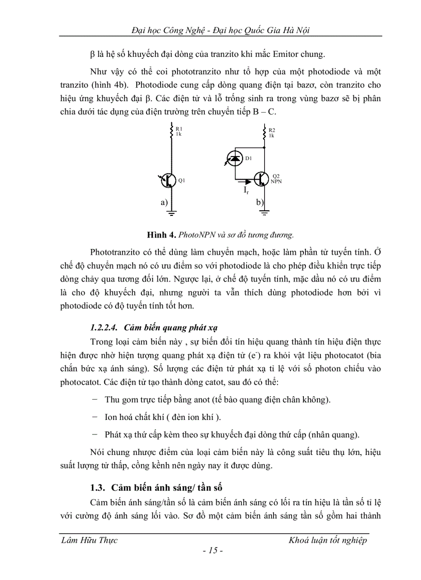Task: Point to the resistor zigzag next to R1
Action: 172,132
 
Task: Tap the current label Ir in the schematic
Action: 247,191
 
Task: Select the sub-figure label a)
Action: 164,203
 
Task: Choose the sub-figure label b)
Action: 260,202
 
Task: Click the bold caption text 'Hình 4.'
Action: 161,235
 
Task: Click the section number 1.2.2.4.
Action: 104,327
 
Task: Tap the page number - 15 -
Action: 212,551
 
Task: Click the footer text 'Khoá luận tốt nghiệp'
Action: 328,540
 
